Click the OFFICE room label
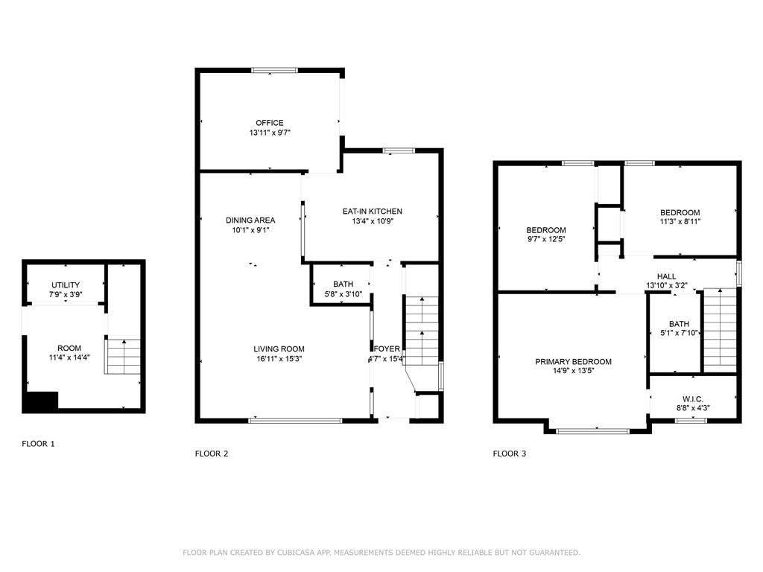coord(270,123)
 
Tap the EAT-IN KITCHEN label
coord(373,211)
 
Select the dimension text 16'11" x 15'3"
coord(279,359)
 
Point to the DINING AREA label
coord(250,220)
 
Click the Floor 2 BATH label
coord(343,284)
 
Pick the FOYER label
coord(387,349)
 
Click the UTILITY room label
coord(66,285)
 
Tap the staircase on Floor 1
coord(123,357)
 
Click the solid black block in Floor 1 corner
coord(41,401)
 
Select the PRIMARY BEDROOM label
coord(573,361)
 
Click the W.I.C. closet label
coord(692,399)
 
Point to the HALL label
coord(666,276)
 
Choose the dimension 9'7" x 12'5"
coord(546,239)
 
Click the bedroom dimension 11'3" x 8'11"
coord(680,221)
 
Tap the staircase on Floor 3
coord(721,330)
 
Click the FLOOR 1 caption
coord(39,444)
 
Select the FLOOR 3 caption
coord(510,454)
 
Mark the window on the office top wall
coord(274,71)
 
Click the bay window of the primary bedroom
coord(592,431)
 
